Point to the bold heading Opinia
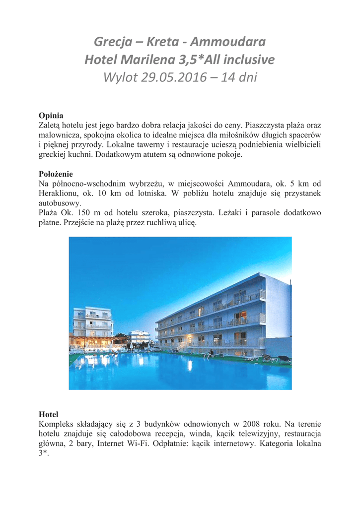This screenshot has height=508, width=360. (51, 116)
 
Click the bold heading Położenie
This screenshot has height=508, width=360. (56, 174)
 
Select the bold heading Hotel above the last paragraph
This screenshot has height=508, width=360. (48, 414)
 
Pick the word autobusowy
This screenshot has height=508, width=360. (60, 203)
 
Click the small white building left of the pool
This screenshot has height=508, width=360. (92, 323)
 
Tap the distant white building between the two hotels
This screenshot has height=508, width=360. (139, 336)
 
